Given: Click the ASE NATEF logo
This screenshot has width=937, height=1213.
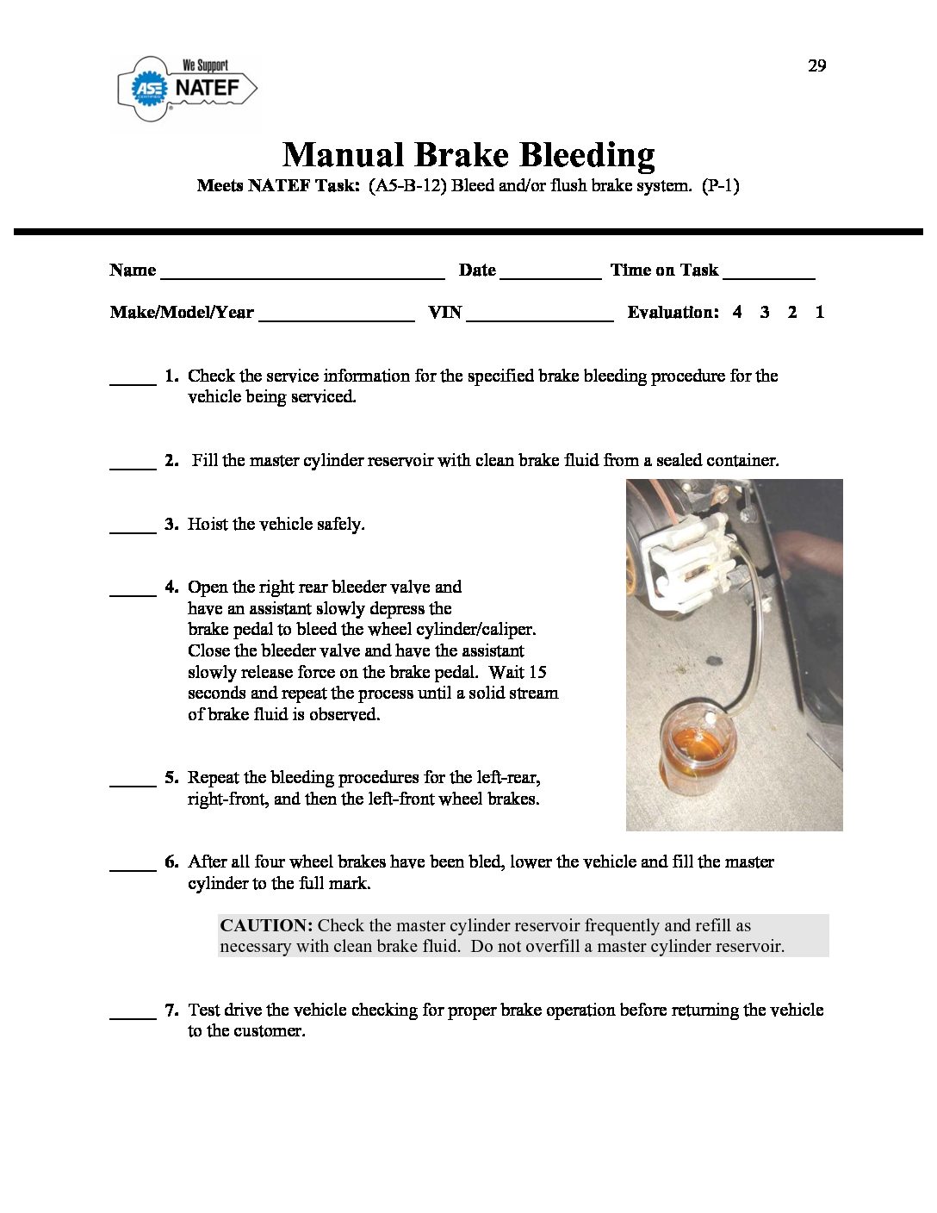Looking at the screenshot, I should [188, 88].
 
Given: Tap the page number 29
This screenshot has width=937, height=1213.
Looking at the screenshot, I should [816, 66].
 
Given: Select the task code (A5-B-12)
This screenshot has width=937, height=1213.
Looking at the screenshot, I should [407, 185].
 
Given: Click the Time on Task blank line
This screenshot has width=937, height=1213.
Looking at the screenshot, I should [768, 274].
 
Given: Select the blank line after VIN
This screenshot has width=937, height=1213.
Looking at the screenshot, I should [539, 316].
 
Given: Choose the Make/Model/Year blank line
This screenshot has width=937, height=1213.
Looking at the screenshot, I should [336, 316].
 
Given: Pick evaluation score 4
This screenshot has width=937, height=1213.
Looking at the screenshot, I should [737, 313].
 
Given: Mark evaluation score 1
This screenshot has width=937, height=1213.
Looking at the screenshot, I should [819, 313].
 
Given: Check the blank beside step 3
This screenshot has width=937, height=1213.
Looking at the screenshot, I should [133, 528].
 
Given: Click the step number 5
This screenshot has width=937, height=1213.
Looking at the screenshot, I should [171, 778].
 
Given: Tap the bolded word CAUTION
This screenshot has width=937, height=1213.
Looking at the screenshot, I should [265, 926].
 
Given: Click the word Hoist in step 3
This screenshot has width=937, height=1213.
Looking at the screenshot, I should [208, 524].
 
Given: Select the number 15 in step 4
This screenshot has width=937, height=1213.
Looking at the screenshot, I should [537, 673].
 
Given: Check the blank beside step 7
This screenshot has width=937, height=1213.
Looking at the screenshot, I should [133, 1014].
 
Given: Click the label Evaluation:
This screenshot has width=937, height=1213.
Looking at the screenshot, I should [673, 313].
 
